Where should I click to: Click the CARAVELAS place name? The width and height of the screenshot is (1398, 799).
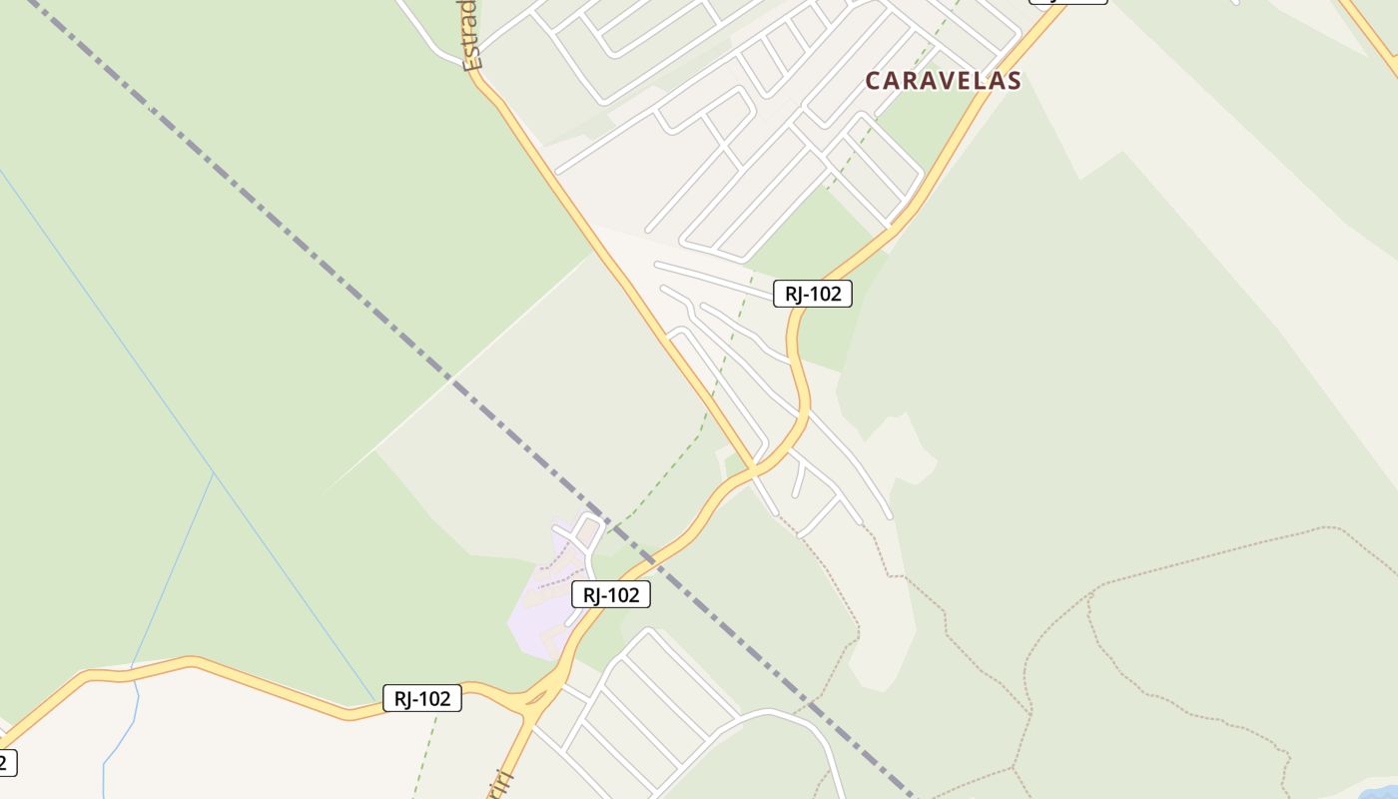pyautogui.click(x=943, y=81)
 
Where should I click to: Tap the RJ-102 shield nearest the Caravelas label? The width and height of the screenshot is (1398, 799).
pyautogui.click(x=812, y=294)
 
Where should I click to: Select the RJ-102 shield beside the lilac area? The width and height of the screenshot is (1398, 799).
pyautogui.click(x=610, y=595)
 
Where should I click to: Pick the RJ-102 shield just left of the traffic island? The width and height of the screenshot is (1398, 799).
pyautogui.click(x=421, y=698)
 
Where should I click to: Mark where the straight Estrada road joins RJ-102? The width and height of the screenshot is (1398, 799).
pyautogui.click(x=754, y=467)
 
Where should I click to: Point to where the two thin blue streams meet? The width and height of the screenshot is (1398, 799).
pyautogui.click(x=214, y=473)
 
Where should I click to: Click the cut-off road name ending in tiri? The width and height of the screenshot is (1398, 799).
pyautogui.click(x=502, y=784)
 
